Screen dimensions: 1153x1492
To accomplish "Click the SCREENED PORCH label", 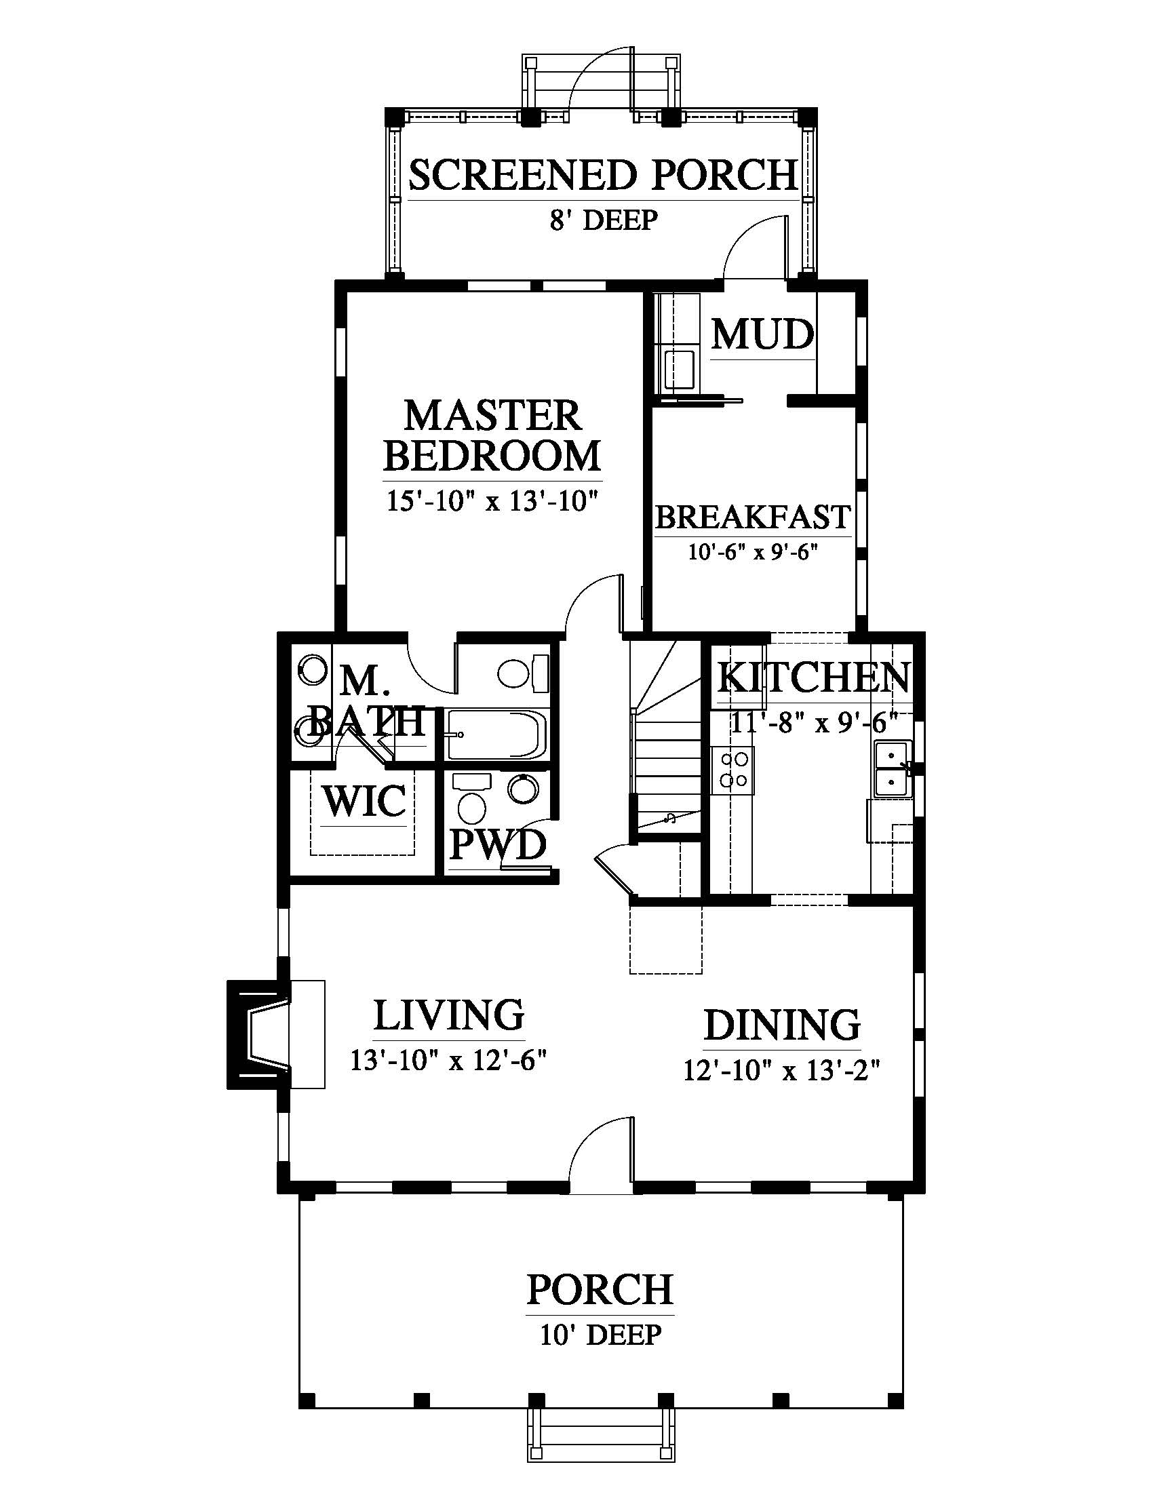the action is point(603,175).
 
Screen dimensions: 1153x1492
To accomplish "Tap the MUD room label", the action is point(763,335).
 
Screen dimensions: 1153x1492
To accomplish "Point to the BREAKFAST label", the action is point(753,517).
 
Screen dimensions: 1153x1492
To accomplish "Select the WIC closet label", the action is point(364,801).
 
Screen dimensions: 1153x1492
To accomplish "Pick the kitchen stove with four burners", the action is point(733,770).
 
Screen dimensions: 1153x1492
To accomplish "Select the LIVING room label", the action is point(449,1015).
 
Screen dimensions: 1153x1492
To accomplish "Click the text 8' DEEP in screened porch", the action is point(604,220).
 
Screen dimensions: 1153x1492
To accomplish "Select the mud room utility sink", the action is point(678,370).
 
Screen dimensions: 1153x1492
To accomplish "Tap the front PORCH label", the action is point(600,1290).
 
